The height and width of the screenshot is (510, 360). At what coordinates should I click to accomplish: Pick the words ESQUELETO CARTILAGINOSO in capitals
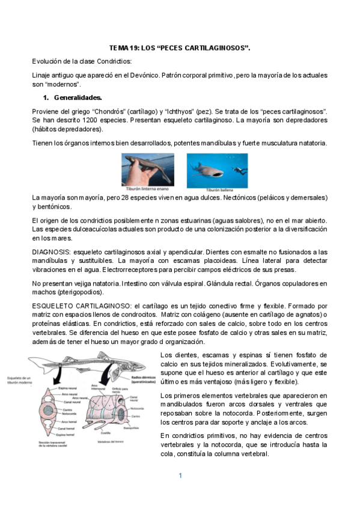click(80, 306)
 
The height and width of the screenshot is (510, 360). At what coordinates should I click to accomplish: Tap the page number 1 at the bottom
click(180, 476)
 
